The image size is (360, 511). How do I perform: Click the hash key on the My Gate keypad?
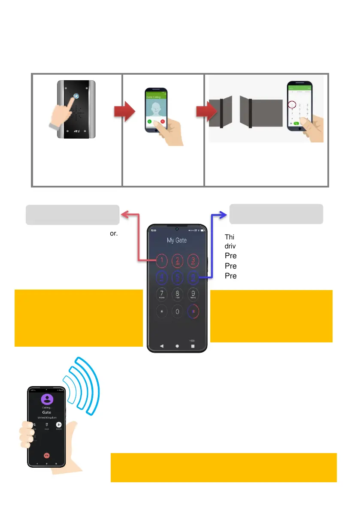(194, 312)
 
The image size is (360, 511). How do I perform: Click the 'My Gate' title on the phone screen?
(177, 240)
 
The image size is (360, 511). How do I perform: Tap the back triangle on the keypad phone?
(162, 345)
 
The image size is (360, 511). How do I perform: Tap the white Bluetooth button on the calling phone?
(59, 424)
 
